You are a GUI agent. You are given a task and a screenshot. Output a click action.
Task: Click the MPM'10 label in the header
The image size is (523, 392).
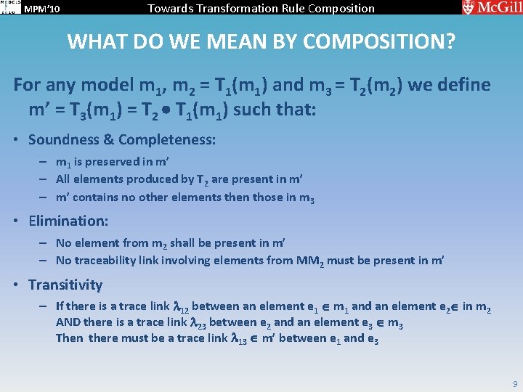tap(41, 9)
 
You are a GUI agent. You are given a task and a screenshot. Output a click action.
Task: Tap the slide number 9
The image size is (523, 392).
tap(514, 383)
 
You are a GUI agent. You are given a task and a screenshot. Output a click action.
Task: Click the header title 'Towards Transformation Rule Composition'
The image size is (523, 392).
tap(261, 9)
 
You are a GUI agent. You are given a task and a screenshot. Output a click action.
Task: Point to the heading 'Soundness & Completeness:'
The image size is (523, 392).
tap(122, 139)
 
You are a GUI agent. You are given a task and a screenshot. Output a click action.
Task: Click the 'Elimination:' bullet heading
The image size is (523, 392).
tap(68, 220)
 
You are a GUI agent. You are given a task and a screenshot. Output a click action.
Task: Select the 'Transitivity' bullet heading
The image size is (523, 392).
tap(65, 285)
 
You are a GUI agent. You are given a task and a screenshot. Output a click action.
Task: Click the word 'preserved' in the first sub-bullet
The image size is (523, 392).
tap(119, 162)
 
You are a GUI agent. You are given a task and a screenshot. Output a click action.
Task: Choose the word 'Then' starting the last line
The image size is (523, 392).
tap(69, 338)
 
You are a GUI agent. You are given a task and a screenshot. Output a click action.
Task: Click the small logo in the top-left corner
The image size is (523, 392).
tap(9, 8)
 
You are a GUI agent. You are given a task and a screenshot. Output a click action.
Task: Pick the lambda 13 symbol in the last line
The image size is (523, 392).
tap(238, 338)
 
